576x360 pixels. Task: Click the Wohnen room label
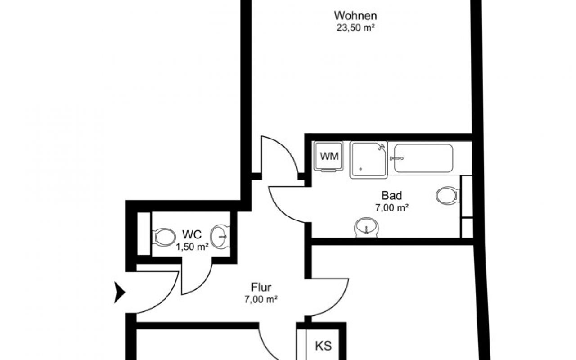355,15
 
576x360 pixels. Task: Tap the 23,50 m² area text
355,27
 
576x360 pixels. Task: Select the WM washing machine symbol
329,157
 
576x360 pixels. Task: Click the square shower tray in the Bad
368,159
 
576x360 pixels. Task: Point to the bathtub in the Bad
423,158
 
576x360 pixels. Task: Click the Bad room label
391,196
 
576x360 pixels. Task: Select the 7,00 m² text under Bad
391,207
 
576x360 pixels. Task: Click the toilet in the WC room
164,236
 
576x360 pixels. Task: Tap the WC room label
192,234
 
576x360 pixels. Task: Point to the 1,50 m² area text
192,247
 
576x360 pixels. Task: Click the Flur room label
261,287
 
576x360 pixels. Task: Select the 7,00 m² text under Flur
261,298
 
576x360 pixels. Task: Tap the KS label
323,346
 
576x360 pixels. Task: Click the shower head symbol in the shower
382,146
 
